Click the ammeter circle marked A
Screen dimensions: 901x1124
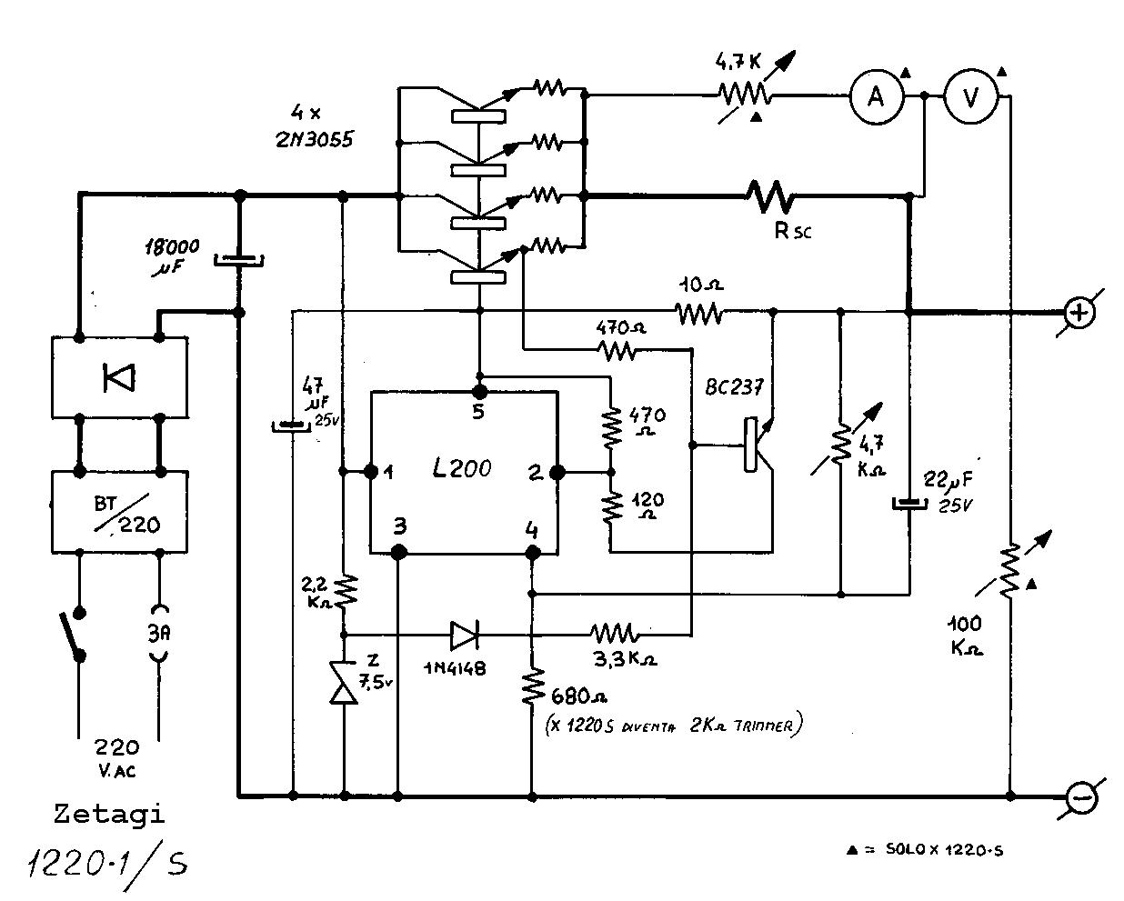[x=876, y=95]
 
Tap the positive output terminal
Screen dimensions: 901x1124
[x=1079, y=313]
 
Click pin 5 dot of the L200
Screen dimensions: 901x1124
[x=479, y=391]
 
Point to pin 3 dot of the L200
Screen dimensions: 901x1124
[x=397, y=551]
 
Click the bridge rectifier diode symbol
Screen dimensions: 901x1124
[x=118, y=376]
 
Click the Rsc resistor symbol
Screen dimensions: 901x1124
[x=769, y=194]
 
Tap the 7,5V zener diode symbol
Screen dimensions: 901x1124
[x=344, y=687]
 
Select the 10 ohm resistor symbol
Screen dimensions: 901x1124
[x=698, y=314]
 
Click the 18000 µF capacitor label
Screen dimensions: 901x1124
[x=172, y=254]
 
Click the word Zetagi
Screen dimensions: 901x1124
[x=109, y=813]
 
